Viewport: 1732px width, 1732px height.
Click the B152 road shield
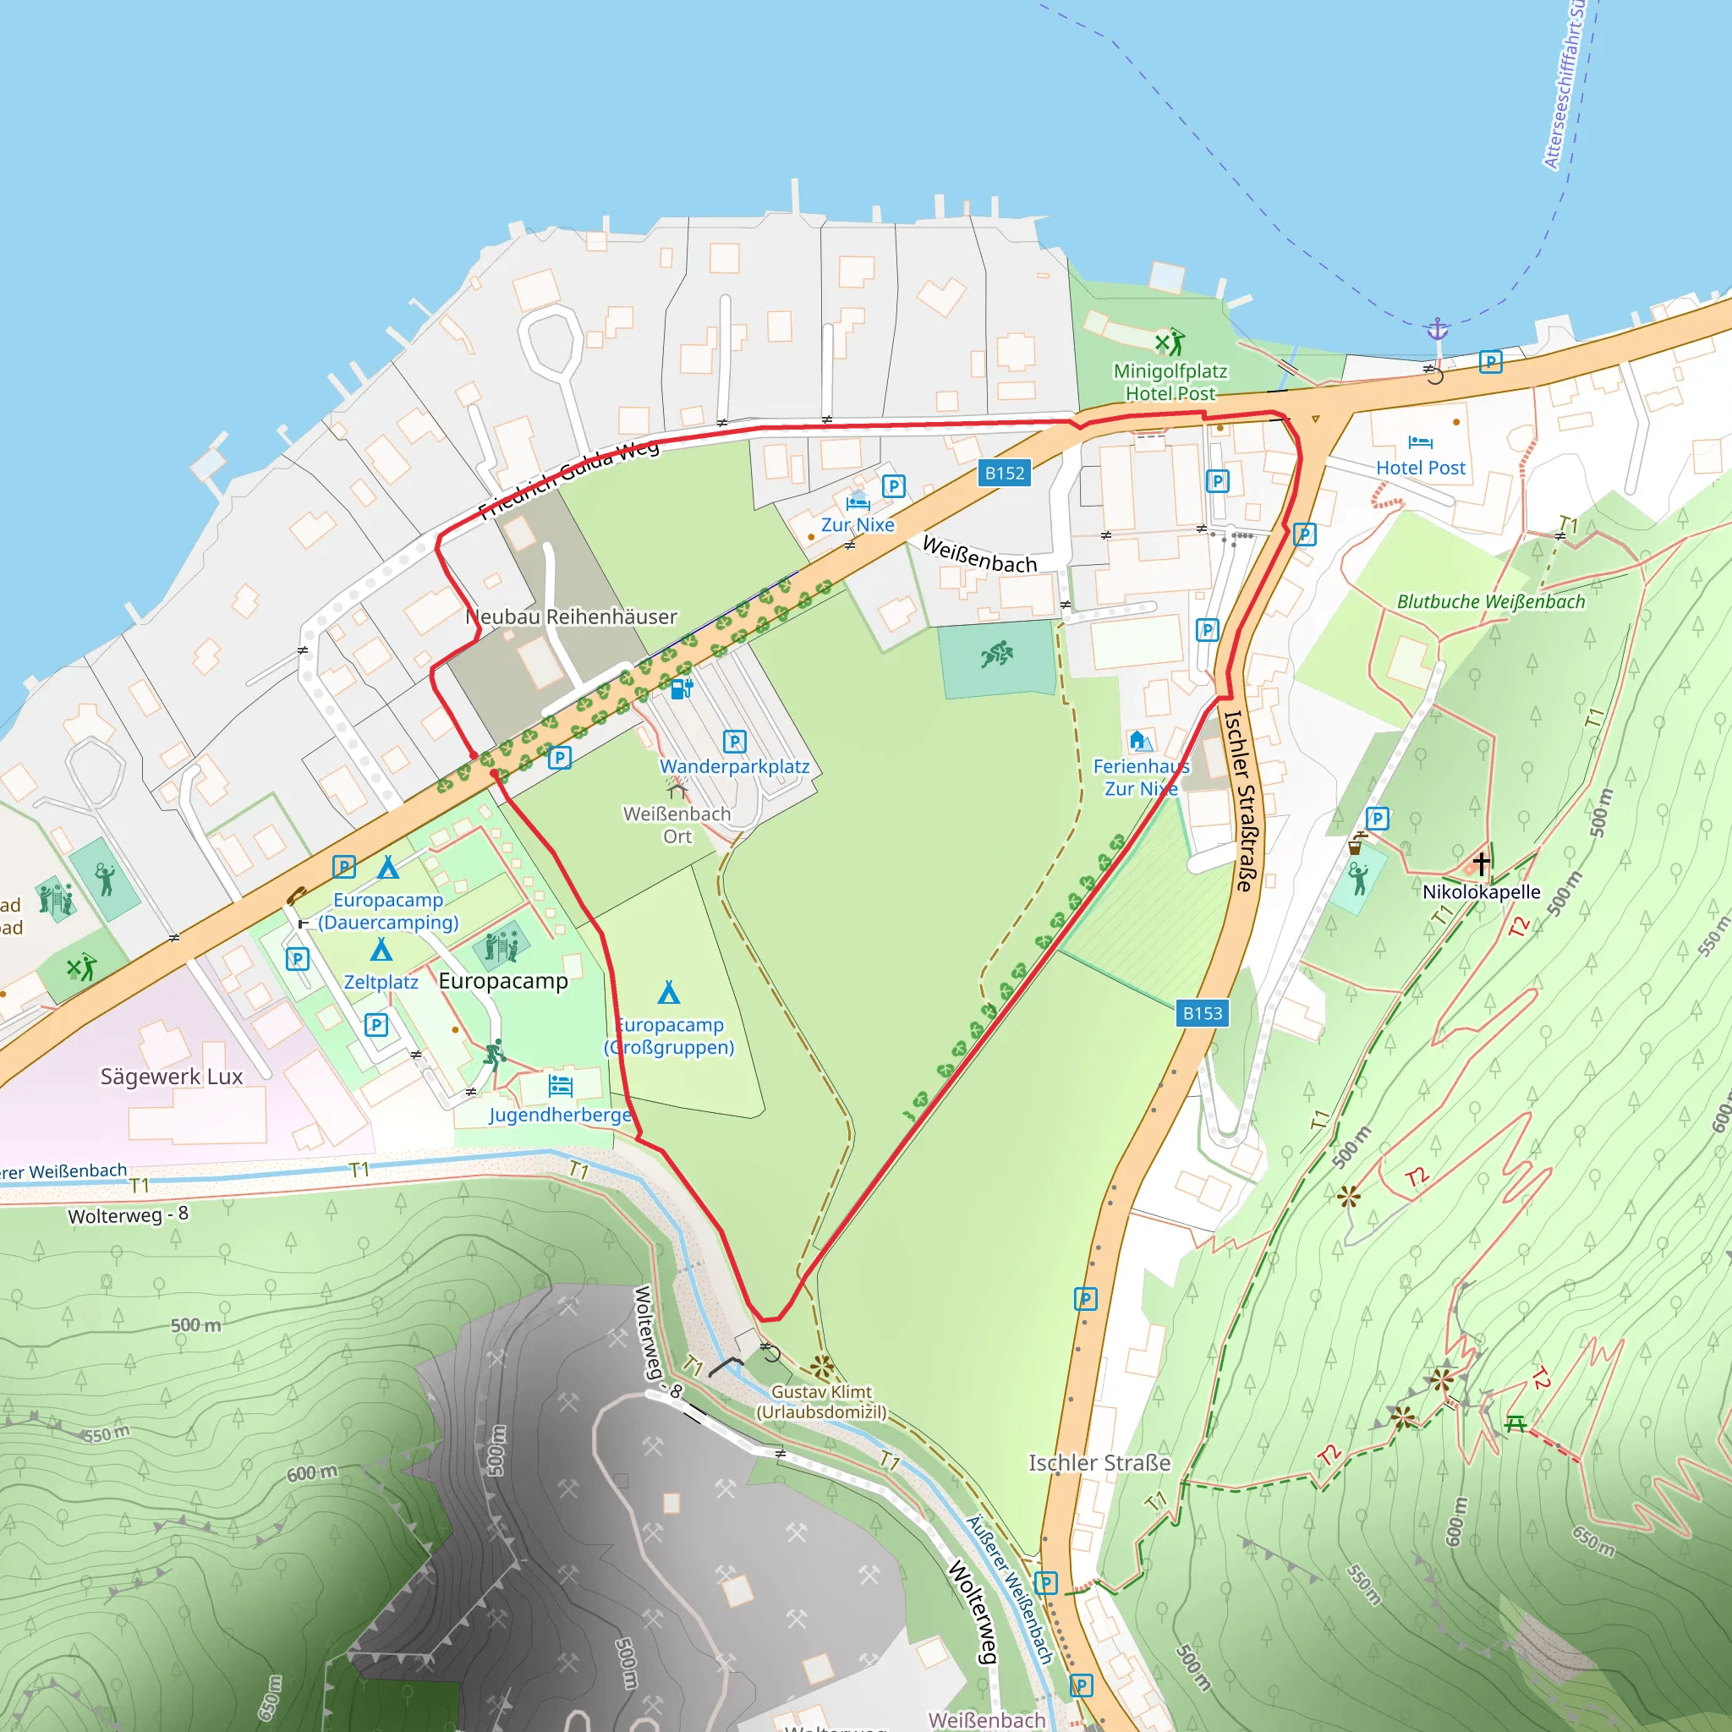pos(1004,474)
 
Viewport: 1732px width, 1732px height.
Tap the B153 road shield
pos(1203,1013)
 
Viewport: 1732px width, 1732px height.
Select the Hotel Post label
pos(1420,467)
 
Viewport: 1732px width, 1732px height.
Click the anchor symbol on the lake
pos(1437,329)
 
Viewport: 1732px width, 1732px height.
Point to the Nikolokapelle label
pos(1481,891)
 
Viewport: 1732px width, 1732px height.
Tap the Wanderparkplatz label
pos(734,766)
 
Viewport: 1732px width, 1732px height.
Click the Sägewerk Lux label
pos(171,1076)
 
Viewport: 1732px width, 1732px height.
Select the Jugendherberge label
pos(561,1115)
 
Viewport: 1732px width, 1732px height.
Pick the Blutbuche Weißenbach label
pos(1491,601)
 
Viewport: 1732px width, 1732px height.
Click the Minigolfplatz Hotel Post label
pos(1170,382)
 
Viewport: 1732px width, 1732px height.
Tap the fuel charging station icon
pos(682,688)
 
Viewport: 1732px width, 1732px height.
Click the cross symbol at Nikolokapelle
pos(1481,863)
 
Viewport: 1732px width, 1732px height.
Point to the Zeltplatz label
pos(381,982)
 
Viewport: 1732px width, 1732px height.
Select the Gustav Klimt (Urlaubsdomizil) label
pos(821,1401)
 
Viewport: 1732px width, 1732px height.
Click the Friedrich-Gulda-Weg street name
pos(568,482)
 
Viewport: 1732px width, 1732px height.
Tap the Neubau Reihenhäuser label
pos(572,617)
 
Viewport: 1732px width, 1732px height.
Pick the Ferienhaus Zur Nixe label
pos(1140,777)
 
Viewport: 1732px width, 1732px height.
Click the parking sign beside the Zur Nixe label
pos(893,486)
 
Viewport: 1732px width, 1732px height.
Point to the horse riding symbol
pos(996,655)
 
